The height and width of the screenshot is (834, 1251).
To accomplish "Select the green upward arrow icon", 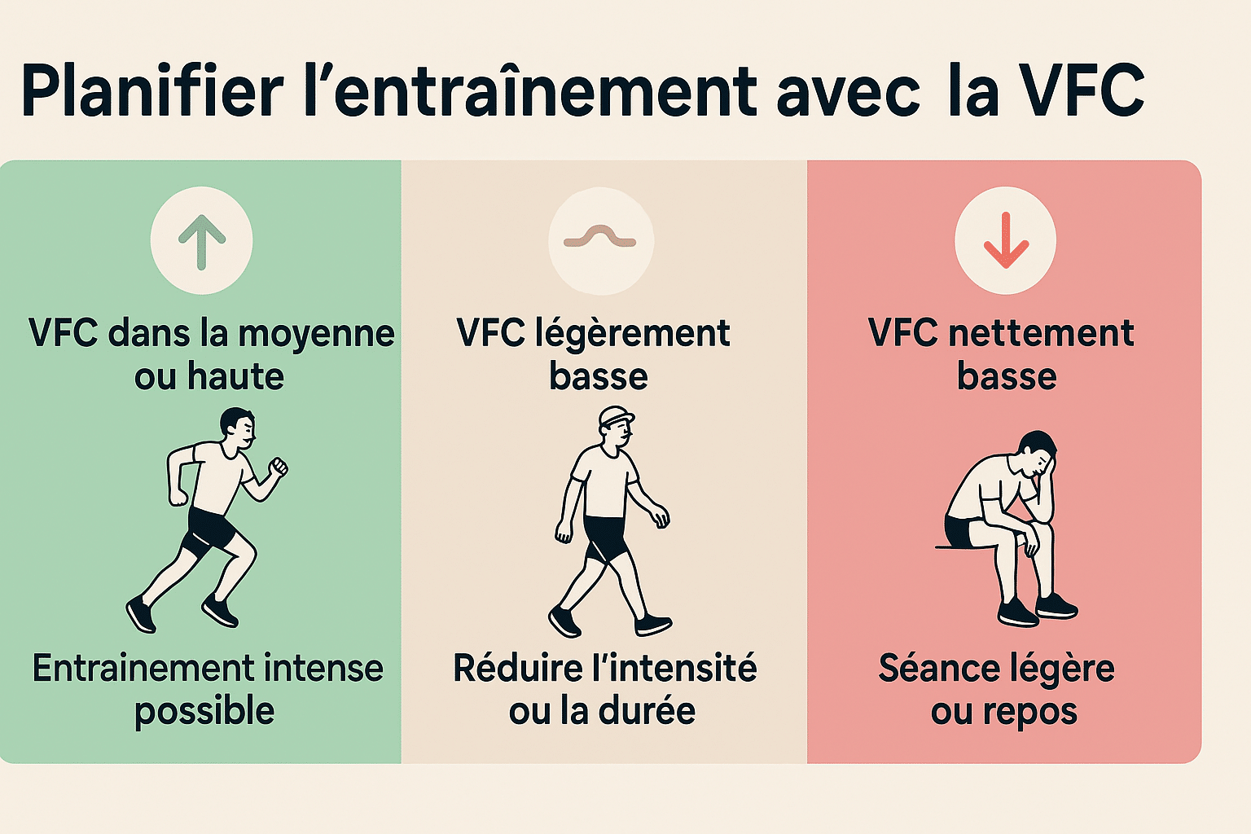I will [201, 241].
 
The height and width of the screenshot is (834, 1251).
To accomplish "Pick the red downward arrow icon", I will [1005, 241].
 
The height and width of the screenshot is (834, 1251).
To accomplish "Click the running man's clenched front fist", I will [278, 467].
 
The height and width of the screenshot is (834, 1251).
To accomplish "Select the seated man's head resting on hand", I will [1038, 456].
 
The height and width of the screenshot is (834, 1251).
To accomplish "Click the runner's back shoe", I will [140, 615].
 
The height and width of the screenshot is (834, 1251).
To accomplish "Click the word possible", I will [204, 712].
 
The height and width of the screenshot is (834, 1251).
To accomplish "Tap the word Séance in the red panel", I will [931, 669].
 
